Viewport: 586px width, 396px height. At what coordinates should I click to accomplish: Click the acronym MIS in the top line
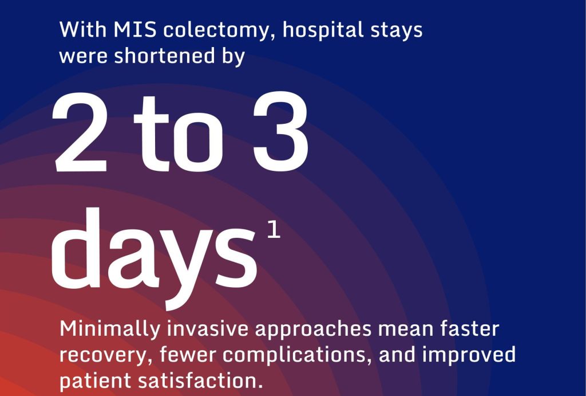click(135, 30)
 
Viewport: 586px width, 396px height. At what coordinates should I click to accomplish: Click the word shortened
click(164, 56)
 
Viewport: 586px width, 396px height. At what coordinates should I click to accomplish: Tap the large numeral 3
click(280, 131)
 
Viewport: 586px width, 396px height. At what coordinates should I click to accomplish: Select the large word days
click(154, 258)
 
